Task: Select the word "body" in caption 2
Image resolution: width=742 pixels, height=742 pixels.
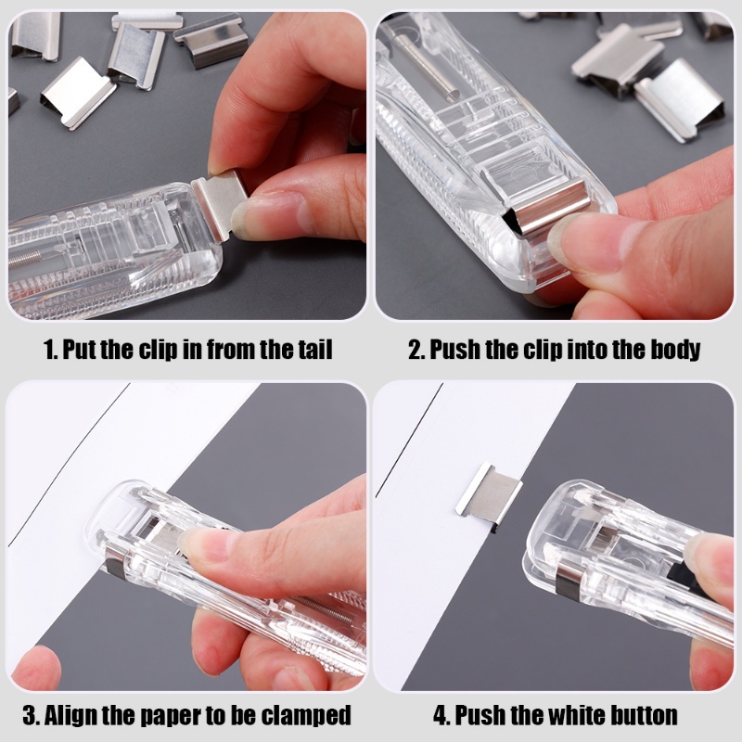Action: (x=674, y=350)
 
